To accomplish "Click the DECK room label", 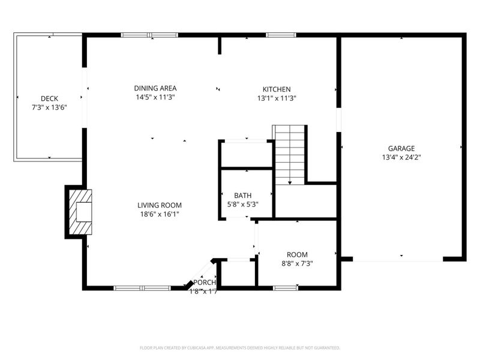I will click(x=49, y=98).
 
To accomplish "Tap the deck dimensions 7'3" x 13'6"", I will click(x=49, y=108).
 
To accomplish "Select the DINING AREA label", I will click(x=155, y=88).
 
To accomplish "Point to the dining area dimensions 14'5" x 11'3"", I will click(x=155, y=97).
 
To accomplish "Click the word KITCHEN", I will click(x=277, y=89).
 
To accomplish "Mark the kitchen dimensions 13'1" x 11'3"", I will click(x=277, y=98).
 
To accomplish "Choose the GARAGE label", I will click(x=401, y=148).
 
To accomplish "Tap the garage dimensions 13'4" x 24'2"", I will click(x=401, y=157).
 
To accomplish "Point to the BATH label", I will click(x=243, y=196).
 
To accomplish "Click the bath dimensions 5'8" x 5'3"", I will click(x=243, y=205).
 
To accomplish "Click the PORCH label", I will click(x=204, y=283).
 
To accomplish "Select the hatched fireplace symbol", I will click(x=79, y=212).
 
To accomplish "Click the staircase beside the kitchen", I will click(x=290, y=153).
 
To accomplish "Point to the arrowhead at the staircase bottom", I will click(x=290, y=181).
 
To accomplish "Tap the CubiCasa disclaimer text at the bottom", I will click(x=240, y=347).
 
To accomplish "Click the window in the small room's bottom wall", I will click(x=286, y=288).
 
